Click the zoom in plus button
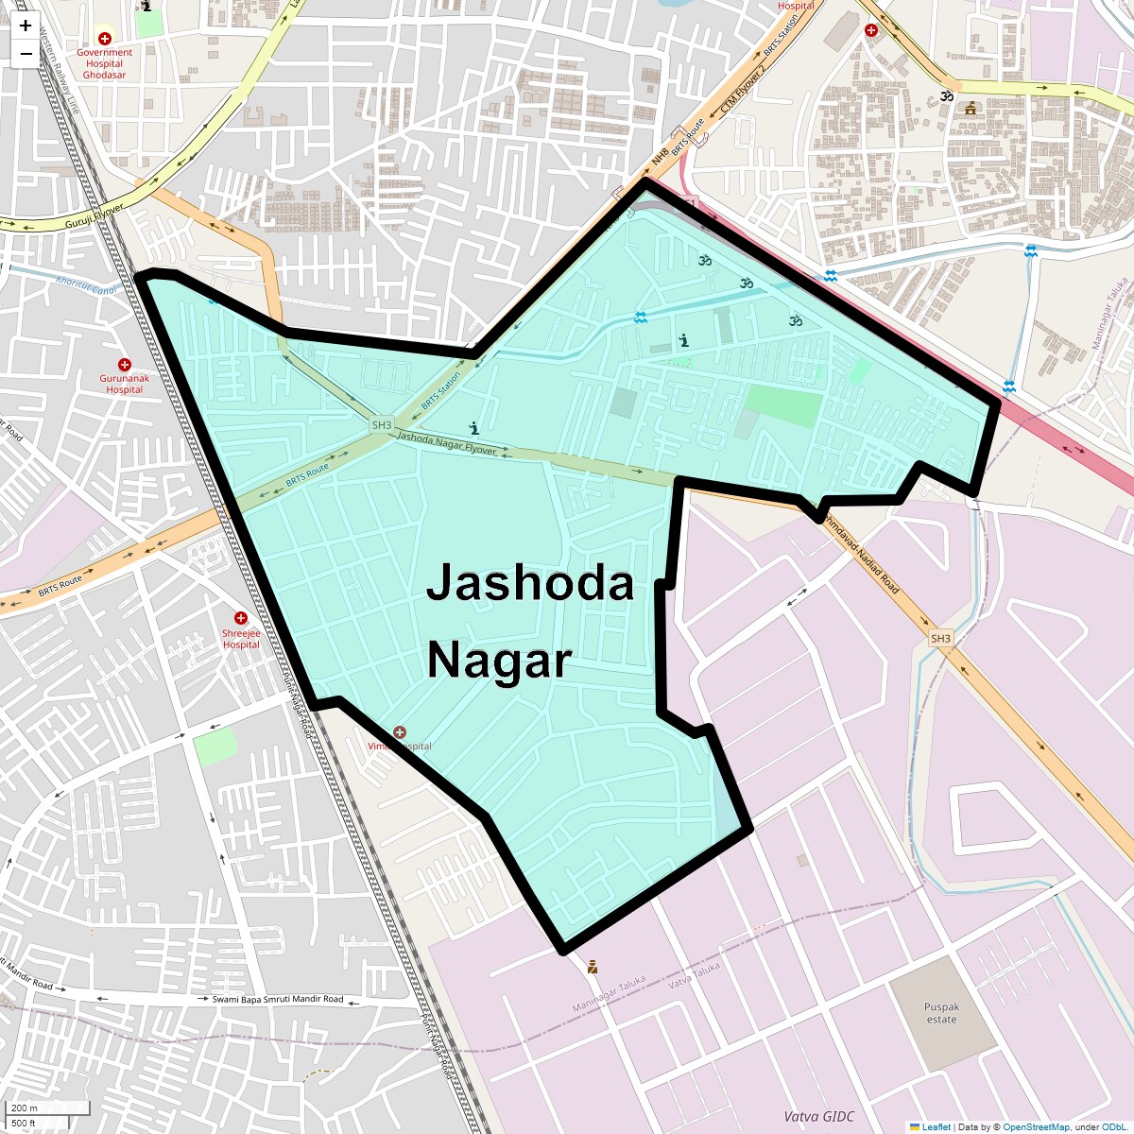[26, 26]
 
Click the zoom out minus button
[26, 54]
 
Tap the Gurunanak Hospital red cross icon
[124, 365]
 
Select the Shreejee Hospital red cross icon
[241, 618]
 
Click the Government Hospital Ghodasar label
[104, 64]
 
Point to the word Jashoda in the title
[529, 583]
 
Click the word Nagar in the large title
[499, 660]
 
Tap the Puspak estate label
[941, 1013]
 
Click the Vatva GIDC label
[818, 1116]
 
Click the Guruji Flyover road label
[94, 216]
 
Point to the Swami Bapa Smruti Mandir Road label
[278, 999]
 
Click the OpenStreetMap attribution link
[1036, 1126]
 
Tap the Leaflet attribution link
[936, 1126]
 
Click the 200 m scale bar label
[26, 1108]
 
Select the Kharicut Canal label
[86, 284]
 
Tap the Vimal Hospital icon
[400, 732]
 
